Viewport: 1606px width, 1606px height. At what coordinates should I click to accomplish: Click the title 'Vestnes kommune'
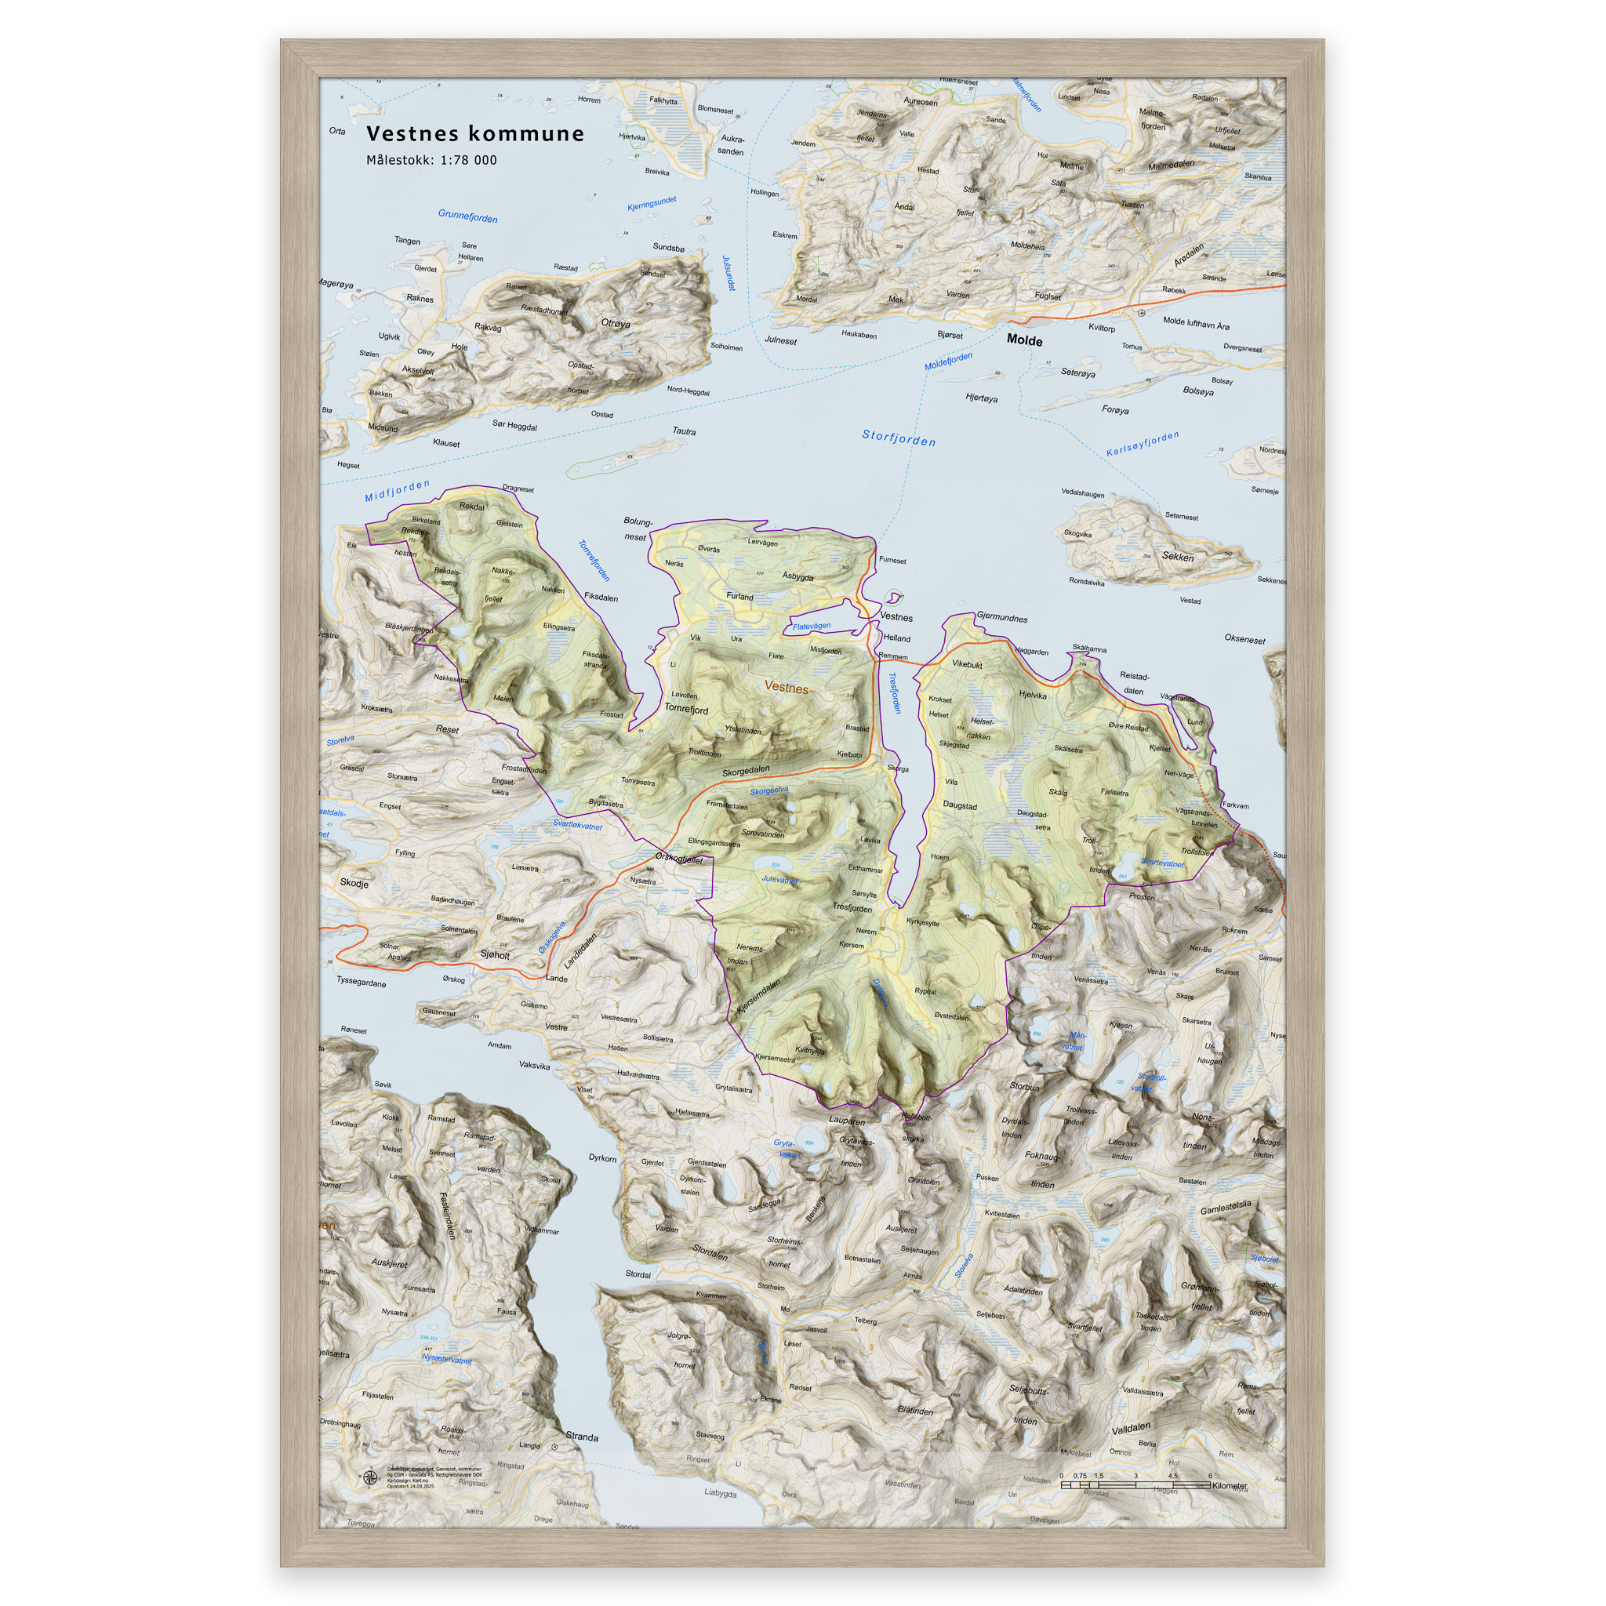click(474, 134)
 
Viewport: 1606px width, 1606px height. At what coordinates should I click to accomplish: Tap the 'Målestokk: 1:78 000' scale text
click(431, 161)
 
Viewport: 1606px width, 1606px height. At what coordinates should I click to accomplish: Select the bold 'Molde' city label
click(1024, 340)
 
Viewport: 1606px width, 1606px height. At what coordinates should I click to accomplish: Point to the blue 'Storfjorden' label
click(899, 438)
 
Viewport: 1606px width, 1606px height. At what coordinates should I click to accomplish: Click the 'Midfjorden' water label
click(398, 490)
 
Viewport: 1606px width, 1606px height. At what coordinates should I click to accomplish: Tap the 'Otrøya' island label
click(615, 323)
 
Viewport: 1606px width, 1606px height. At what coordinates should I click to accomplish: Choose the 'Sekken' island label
click(1178, 557)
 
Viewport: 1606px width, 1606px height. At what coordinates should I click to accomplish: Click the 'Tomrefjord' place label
click(686, 709)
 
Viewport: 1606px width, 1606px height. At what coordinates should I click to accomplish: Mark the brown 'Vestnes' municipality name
click(786, 688)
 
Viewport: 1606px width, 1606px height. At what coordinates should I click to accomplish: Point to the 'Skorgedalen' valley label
click(746, 772)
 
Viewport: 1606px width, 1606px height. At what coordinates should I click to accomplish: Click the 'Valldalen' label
click(1132, 1427)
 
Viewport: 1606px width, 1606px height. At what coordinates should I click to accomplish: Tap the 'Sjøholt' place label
click(495, 955)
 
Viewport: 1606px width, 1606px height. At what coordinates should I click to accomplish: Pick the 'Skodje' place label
click(354, 884)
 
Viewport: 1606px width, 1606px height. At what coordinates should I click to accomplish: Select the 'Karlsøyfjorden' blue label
click(1142, 444)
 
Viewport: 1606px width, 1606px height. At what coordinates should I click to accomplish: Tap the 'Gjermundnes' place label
click(1001, 618)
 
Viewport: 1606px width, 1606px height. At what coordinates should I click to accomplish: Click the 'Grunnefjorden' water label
click(468, 216)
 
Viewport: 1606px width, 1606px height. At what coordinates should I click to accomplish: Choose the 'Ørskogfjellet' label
click(679, 859)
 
